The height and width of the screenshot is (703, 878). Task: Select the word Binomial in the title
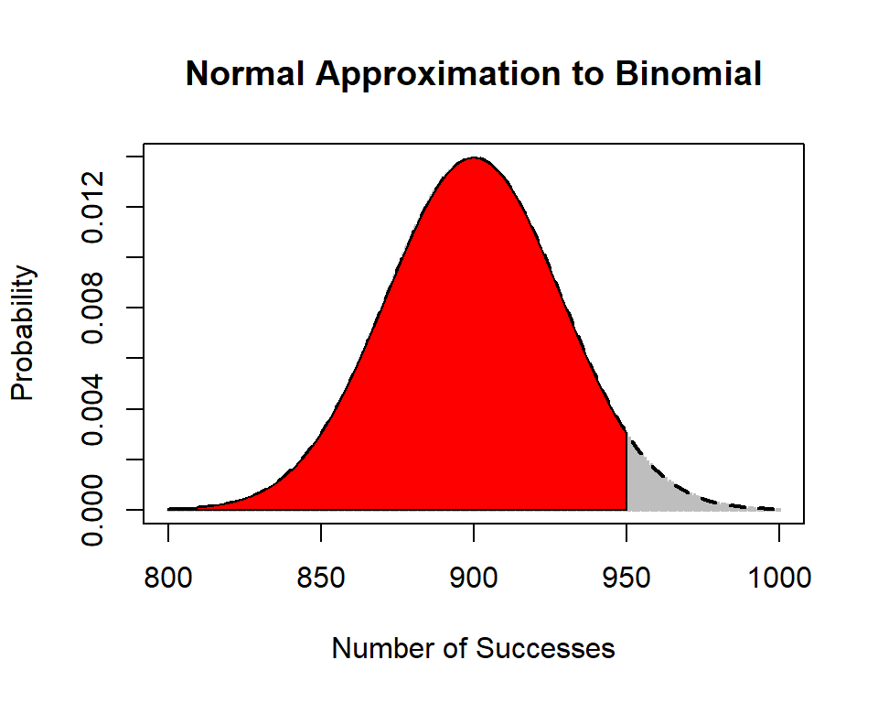point(688,74)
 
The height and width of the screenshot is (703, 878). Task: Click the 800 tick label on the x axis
point(168,579)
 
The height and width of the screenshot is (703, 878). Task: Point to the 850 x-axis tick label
point(321,579)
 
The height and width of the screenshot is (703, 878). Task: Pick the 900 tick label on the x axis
point(474,579)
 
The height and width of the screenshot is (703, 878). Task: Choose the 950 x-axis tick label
point(626,579)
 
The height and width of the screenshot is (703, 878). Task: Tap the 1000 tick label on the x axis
point(778,579)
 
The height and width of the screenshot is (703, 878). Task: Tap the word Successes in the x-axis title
point(546,649)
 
